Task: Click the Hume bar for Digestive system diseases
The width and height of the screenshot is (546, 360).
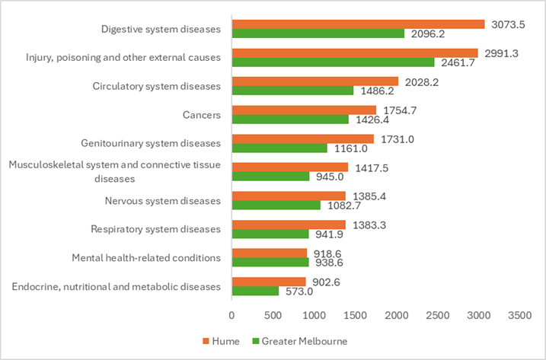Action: [358, 24]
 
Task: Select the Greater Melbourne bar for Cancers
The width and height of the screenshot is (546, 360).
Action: [290, 119]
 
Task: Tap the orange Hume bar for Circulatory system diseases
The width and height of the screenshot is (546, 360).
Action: [315, 81]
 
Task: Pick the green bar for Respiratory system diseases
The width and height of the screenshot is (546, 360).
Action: [270, 234]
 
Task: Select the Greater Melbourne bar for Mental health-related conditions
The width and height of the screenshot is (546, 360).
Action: [270, 263]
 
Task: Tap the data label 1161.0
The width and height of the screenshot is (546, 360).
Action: [351, 148]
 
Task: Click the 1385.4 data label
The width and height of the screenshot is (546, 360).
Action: [369, 196]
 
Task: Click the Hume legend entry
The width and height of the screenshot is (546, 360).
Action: [220, 341]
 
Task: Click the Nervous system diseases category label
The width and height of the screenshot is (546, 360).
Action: [162, 201]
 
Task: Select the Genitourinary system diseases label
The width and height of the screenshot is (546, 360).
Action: [151, 143]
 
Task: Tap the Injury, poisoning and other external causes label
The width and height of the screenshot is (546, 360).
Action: [123, 57]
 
